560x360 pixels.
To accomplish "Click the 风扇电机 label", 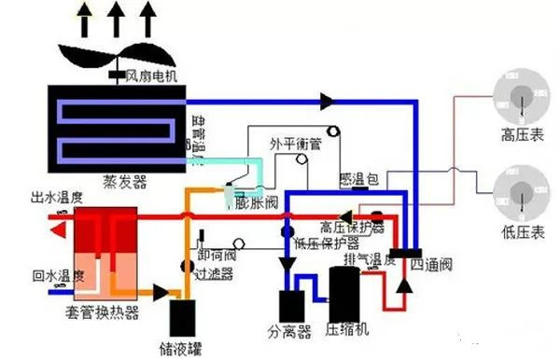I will [155, 76].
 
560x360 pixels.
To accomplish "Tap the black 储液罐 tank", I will [184, 318].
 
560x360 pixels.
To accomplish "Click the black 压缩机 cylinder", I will [346, 295].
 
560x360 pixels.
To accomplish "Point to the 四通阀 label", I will [429, 265].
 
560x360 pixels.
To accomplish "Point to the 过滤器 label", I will [214, 275].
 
